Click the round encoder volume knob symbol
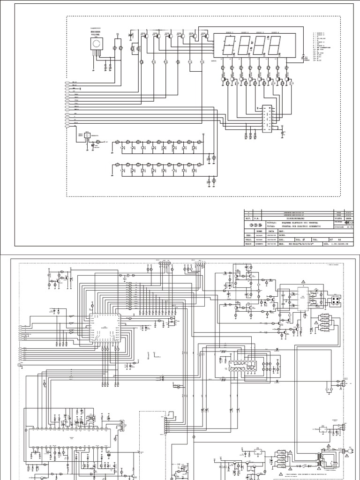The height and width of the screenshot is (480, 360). coord(96,45)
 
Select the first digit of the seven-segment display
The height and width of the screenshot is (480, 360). coord(229,46)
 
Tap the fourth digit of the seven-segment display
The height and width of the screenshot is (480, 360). coord(275,46)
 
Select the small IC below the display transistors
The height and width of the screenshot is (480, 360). coord(267,118)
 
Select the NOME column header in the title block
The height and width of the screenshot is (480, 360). coord(259,231)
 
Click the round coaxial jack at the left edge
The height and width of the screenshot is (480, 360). coord(19,365)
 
